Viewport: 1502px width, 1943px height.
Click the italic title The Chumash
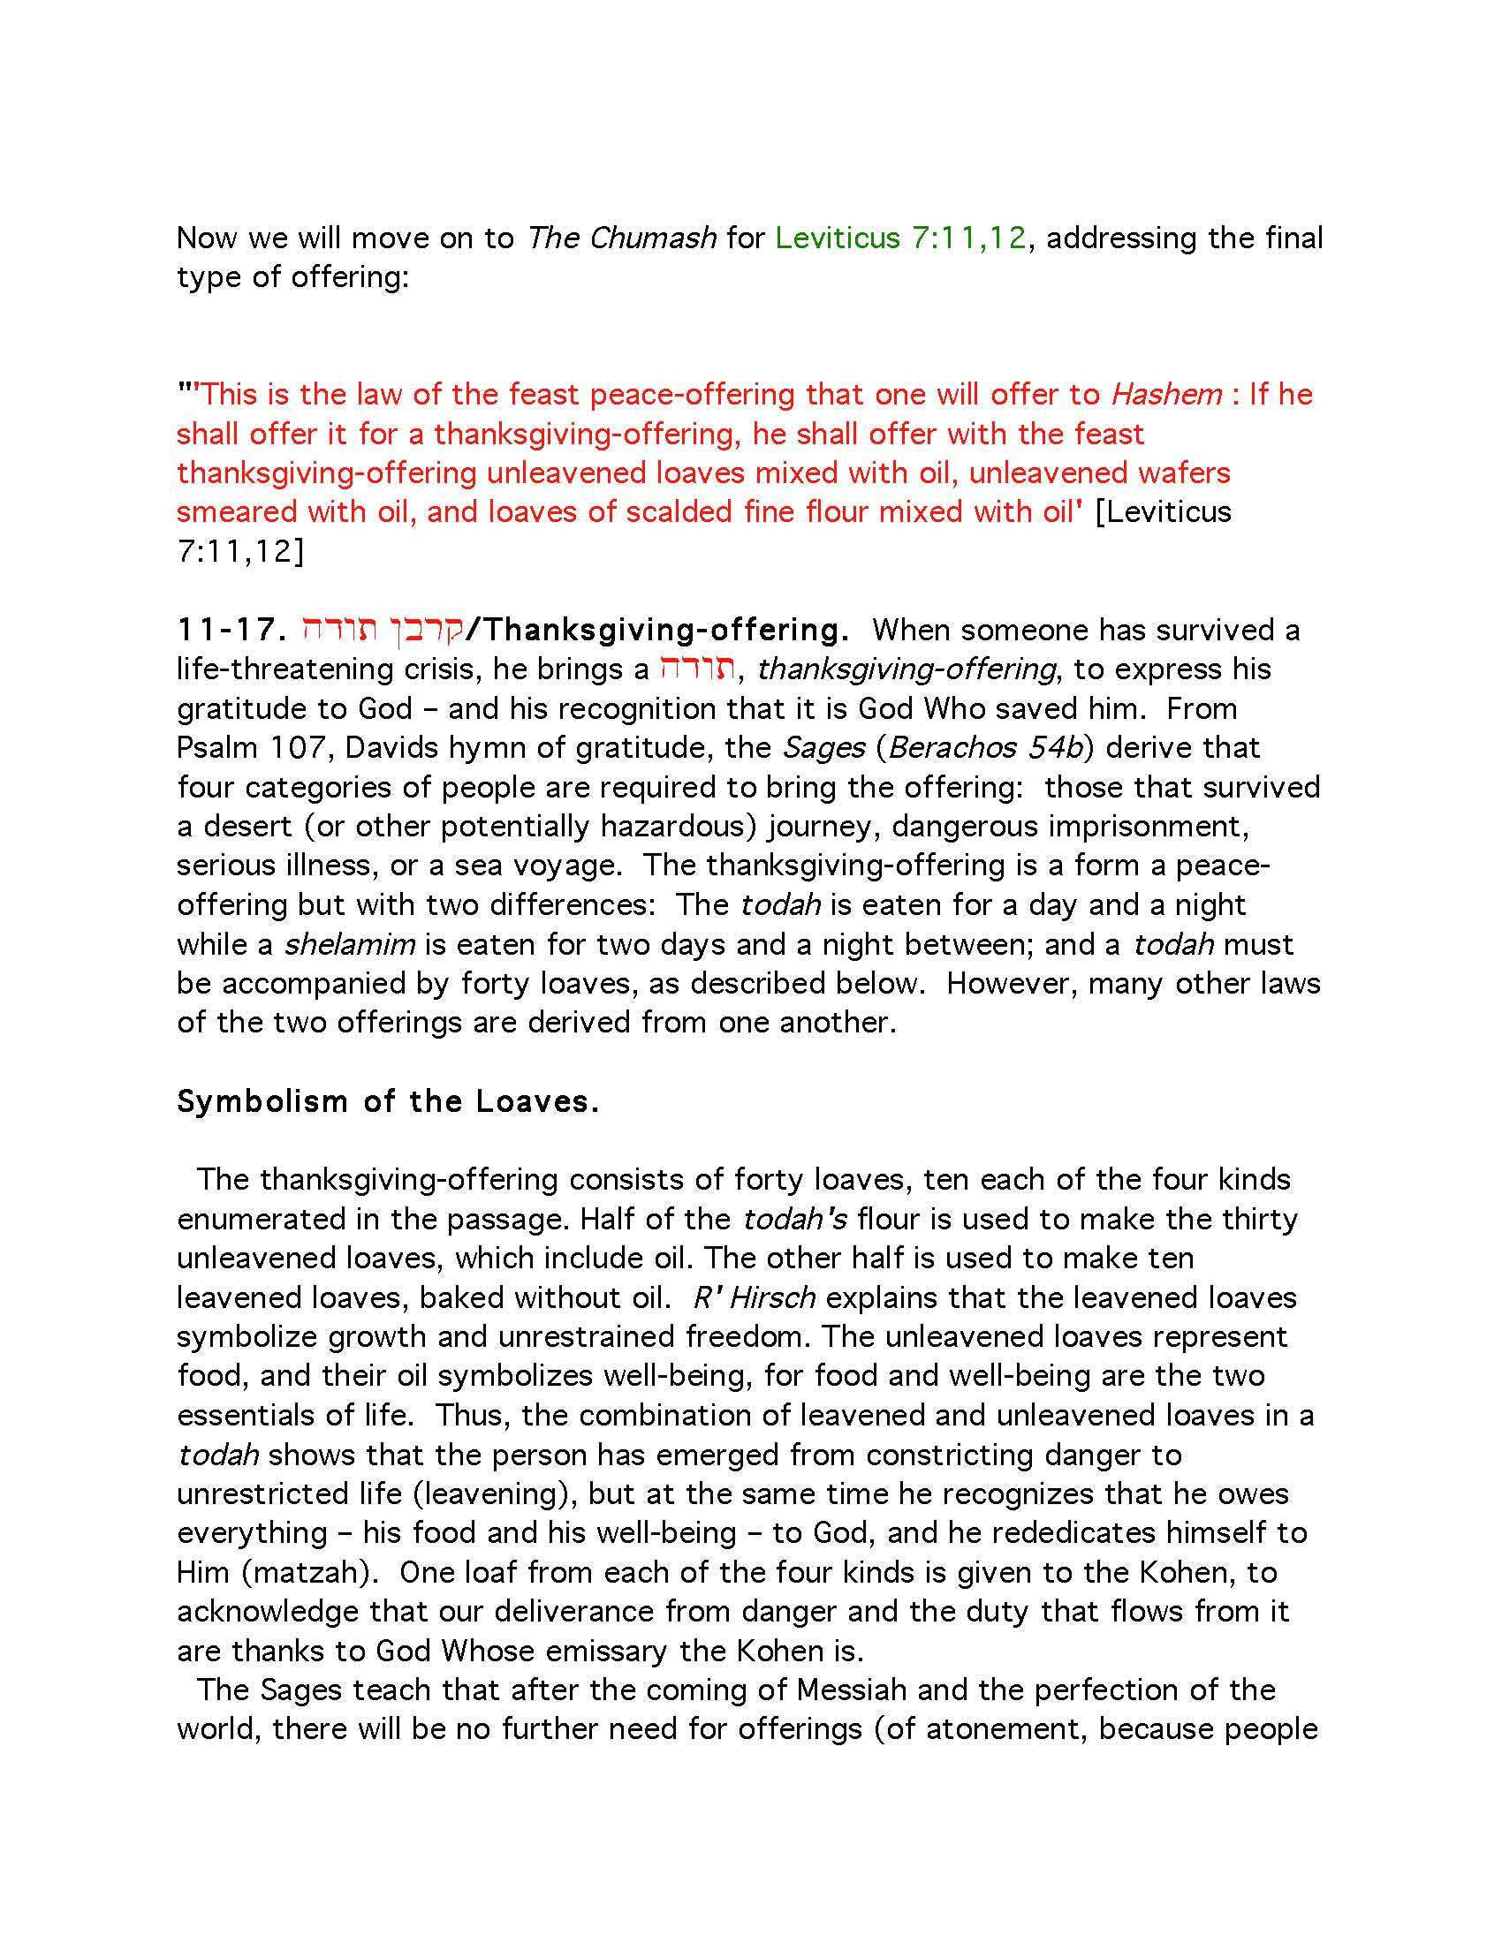point(622,238)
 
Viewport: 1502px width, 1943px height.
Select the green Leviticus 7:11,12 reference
point(901,238)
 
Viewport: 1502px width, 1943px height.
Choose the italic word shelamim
point(350,944)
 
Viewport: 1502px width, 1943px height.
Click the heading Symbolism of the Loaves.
point(388,1101)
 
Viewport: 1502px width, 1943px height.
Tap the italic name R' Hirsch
point(754,1297)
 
